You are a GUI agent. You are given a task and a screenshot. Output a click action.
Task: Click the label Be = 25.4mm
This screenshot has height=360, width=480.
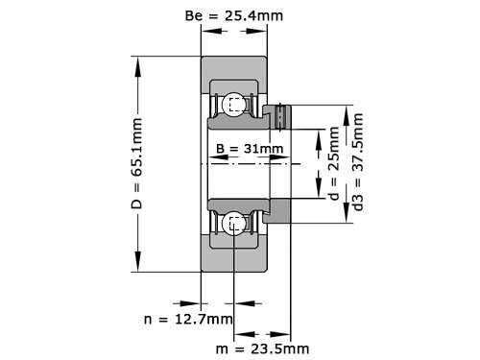(x=233, y=15)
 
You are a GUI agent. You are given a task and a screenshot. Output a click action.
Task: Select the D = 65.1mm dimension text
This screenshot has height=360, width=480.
(x=136, y=166)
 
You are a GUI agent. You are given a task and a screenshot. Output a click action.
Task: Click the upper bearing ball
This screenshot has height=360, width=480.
(x=233, y=105)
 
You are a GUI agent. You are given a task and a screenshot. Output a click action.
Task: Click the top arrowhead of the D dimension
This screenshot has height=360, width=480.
(x=136, y=64)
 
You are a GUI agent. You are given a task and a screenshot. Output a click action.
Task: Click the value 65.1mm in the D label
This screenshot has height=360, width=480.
(x=136, y=145)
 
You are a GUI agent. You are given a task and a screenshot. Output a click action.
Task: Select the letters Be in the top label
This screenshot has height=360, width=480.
(x=192, y=15)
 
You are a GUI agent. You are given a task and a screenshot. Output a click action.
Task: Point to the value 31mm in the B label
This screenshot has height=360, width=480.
(x=261, y=149)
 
